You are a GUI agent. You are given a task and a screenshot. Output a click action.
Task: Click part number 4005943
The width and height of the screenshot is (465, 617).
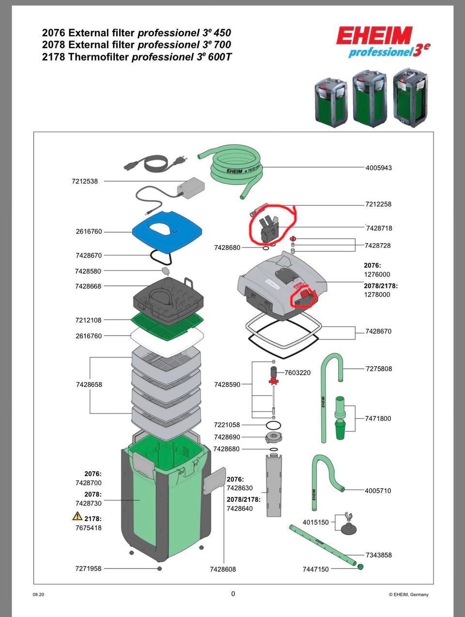378,168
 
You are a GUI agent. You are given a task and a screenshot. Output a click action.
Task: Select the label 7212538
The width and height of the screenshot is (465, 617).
85,182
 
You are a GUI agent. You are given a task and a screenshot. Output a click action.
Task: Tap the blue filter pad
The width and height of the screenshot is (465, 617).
167,231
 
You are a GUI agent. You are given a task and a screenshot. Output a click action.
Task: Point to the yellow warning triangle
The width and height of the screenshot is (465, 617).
77,516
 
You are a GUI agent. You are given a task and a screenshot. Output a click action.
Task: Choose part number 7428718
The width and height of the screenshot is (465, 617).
379,228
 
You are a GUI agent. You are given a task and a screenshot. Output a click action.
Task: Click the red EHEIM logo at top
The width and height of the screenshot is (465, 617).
374,36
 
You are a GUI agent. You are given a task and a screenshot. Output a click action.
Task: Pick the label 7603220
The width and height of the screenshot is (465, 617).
297,373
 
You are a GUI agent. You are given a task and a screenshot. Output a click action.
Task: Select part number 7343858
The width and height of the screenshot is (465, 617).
379,555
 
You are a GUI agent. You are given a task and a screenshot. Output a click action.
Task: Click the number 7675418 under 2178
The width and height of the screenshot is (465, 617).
88,528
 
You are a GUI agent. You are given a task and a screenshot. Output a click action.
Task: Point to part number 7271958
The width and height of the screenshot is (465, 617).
88,569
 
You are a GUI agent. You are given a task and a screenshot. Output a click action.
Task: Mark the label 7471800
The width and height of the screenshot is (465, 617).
378,418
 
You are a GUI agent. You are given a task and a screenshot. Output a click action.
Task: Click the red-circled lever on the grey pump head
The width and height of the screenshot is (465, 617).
304,295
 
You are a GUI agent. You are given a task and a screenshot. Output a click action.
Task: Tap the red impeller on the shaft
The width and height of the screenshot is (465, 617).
275,382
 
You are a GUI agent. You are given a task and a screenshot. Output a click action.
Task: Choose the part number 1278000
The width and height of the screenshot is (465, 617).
377,294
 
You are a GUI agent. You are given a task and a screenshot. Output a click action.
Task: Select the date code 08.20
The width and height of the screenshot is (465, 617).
38,595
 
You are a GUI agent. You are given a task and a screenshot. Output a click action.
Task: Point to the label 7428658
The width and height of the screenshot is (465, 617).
89,385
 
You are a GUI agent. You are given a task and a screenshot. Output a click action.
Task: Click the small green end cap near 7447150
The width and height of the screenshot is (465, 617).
360,566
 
